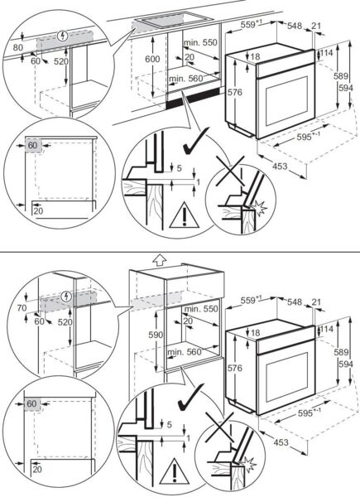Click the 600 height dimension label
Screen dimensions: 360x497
click(x=152, y=60)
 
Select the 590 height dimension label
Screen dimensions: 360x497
click(x=156, y=335)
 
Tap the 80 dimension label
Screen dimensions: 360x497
click(x=18, y=47)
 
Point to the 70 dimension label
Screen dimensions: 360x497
click(x=22, y=307)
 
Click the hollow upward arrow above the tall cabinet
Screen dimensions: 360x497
click(x=159, y=259)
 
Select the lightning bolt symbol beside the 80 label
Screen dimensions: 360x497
click(x=62, y=36)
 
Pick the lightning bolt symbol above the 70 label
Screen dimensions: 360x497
click(x=66, y=297)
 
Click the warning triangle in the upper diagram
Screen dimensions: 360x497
click(x=184, y=215)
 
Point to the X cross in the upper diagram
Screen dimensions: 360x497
click(x=230, y=171)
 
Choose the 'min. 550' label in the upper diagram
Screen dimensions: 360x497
click(x=201, y=42)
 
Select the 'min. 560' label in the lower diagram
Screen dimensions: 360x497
click(x=185, y=351)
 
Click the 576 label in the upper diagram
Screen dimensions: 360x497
click(x=234, y=92)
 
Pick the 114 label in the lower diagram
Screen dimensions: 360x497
click(x=327, y=329)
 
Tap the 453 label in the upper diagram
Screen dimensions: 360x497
click(x=280, y=166)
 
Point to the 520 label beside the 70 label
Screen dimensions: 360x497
click(x=65, y=322)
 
